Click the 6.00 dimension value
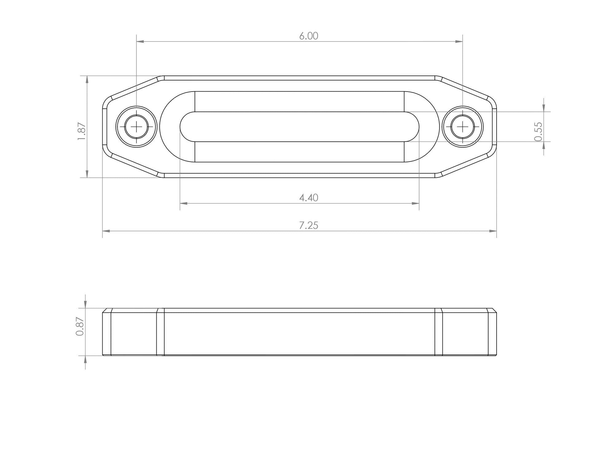coord(309,36)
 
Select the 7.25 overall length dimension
coord(309,226)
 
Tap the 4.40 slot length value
coord(309,198)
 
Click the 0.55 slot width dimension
coord(538,132)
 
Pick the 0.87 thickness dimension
coord(80,326)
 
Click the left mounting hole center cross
coord(136,127)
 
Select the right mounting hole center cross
coord(462,127)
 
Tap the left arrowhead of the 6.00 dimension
coord(140,41)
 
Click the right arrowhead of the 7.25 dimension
coord(493,231)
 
